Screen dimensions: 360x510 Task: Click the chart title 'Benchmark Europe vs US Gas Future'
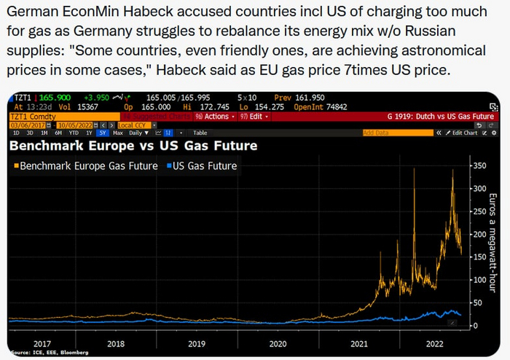(133, 146)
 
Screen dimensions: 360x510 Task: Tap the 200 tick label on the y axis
(479, 235)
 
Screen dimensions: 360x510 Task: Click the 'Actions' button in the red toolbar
(216, 116)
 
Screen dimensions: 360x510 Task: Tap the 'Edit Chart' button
(464, 133)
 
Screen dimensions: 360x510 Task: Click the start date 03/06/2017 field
(25, 125)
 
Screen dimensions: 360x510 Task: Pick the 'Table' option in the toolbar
(200, 133)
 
